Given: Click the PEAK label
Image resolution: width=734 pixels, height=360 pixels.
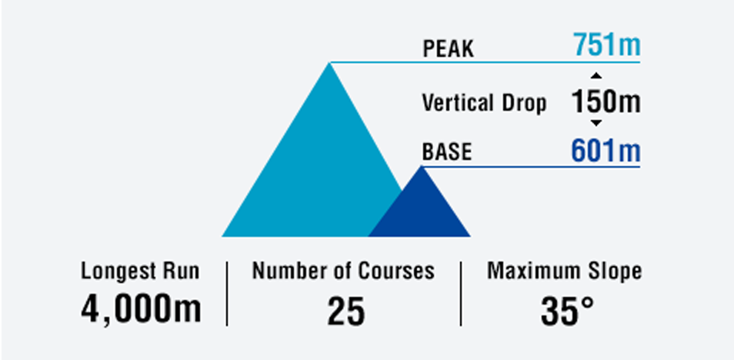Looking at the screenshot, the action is (448, 48).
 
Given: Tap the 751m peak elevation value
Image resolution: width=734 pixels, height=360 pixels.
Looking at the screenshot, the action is (607, 45).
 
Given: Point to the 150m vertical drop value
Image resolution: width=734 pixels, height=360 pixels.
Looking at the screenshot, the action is (606, 102).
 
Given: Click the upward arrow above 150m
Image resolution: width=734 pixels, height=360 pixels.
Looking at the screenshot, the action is (596, 75).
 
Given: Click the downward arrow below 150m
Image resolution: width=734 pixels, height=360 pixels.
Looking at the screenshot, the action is (596, 123).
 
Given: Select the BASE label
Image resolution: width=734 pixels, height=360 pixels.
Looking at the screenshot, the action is (447, 152).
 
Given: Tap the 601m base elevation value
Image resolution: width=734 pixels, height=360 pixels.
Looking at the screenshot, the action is (606, 151).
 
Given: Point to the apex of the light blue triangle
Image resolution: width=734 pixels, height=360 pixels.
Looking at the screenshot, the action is (329, 63).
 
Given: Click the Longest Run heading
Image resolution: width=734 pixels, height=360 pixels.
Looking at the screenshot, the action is (140, 272).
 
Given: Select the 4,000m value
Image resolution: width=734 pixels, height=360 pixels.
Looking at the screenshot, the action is (141, 310).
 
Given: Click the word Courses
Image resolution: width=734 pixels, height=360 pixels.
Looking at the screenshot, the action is (396, 271).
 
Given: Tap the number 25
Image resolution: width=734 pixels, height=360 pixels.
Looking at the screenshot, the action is (346, 312).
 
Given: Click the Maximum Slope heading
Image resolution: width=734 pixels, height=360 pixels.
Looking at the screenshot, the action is (564, 272).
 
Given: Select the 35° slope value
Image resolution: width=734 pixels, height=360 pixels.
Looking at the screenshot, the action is (567, 312).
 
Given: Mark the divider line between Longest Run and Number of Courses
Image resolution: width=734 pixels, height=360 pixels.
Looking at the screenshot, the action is (227, 294).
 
